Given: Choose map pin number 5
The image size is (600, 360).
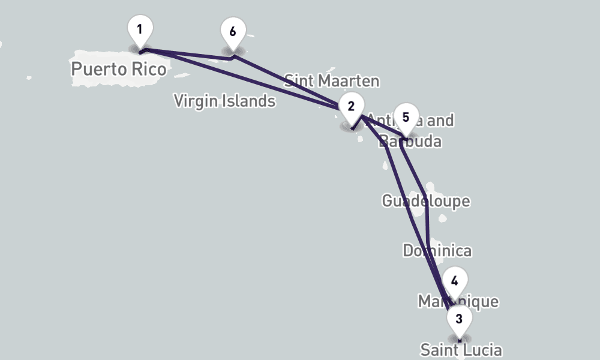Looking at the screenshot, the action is [406, 118].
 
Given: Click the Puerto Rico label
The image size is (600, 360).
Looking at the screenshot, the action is [118, 69].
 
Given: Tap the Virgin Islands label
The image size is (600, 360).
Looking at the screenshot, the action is [224, 101].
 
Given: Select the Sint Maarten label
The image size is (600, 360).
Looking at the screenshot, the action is [331, 80].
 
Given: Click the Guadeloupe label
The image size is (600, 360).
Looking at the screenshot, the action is [425, 200].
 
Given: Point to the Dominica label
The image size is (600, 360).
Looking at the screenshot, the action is [437, 251].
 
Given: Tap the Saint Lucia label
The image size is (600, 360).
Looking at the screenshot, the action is [460, 350].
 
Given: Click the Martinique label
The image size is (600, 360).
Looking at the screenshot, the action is [458, 301].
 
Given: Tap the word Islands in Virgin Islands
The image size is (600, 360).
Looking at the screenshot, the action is [247, 101].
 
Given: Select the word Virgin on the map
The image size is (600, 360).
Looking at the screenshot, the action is [194, 101].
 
